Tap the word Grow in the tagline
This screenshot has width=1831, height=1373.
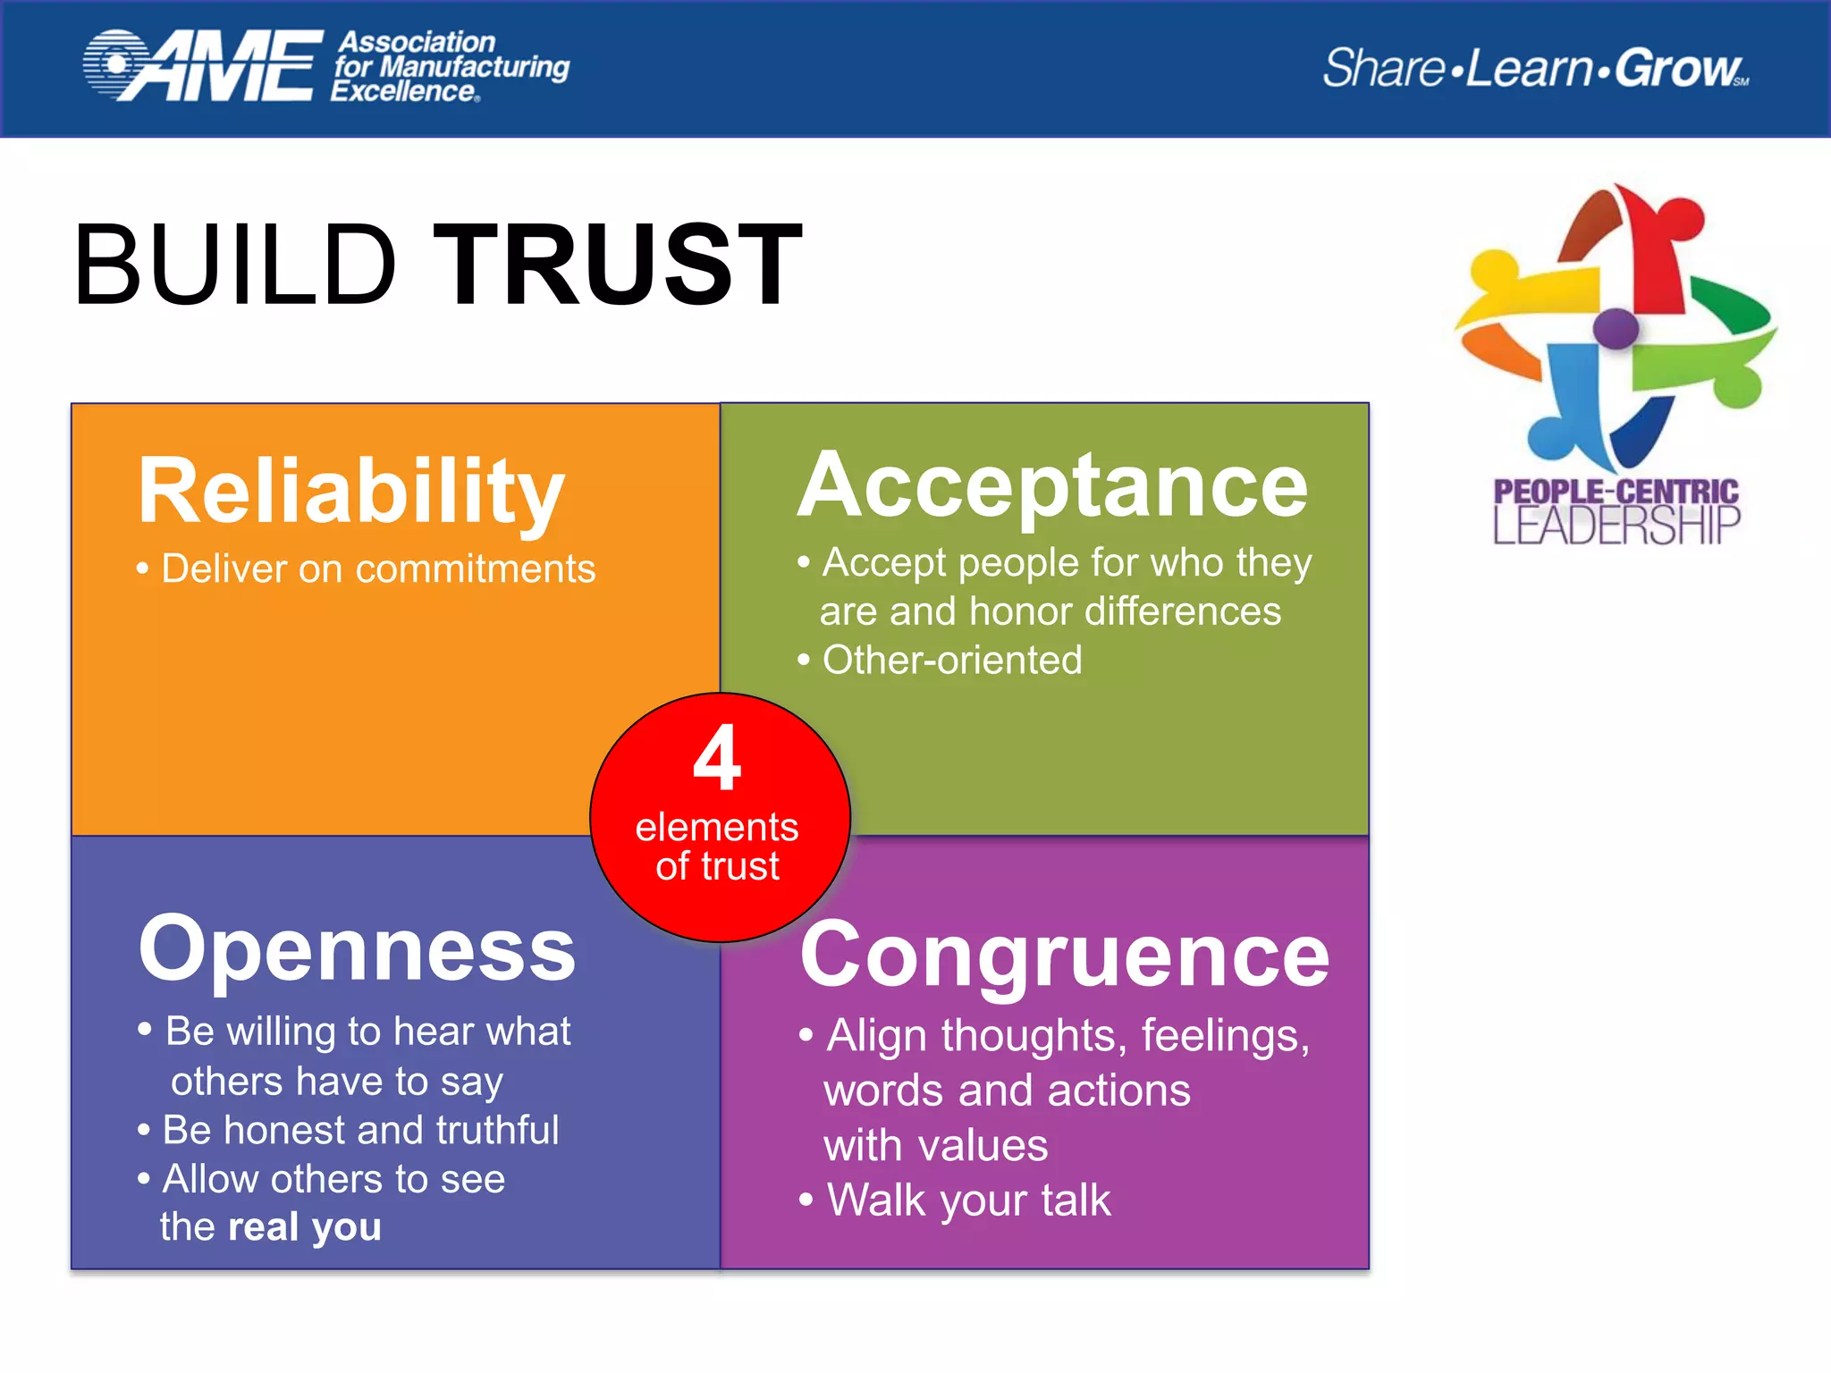1677,68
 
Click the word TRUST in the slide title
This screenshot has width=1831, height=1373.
618,265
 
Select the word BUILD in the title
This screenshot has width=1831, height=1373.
235,265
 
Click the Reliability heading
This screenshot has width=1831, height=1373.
350,492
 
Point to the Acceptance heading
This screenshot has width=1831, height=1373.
1052,485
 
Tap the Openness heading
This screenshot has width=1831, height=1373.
357,949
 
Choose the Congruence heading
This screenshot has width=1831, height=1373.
1065,956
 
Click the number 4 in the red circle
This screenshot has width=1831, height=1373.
717,758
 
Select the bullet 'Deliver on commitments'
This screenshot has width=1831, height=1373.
377,569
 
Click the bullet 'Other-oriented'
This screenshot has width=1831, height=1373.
951,661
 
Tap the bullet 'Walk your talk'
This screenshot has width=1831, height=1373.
968,1200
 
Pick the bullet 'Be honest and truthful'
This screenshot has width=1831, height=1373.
360,1131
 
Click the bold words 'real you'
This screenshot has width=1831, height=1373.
305,1227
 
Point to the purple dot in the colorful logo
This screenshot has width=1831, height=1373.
1616,328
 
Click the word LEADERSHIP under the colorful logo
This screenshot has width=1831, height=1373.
1616,526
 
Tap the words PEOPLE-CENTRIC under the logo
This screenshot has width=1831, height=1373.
1616,492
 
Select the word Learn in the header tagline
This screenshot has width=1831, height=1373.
1530,68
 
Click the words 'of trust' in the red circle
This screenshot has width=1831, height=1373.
717,867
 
